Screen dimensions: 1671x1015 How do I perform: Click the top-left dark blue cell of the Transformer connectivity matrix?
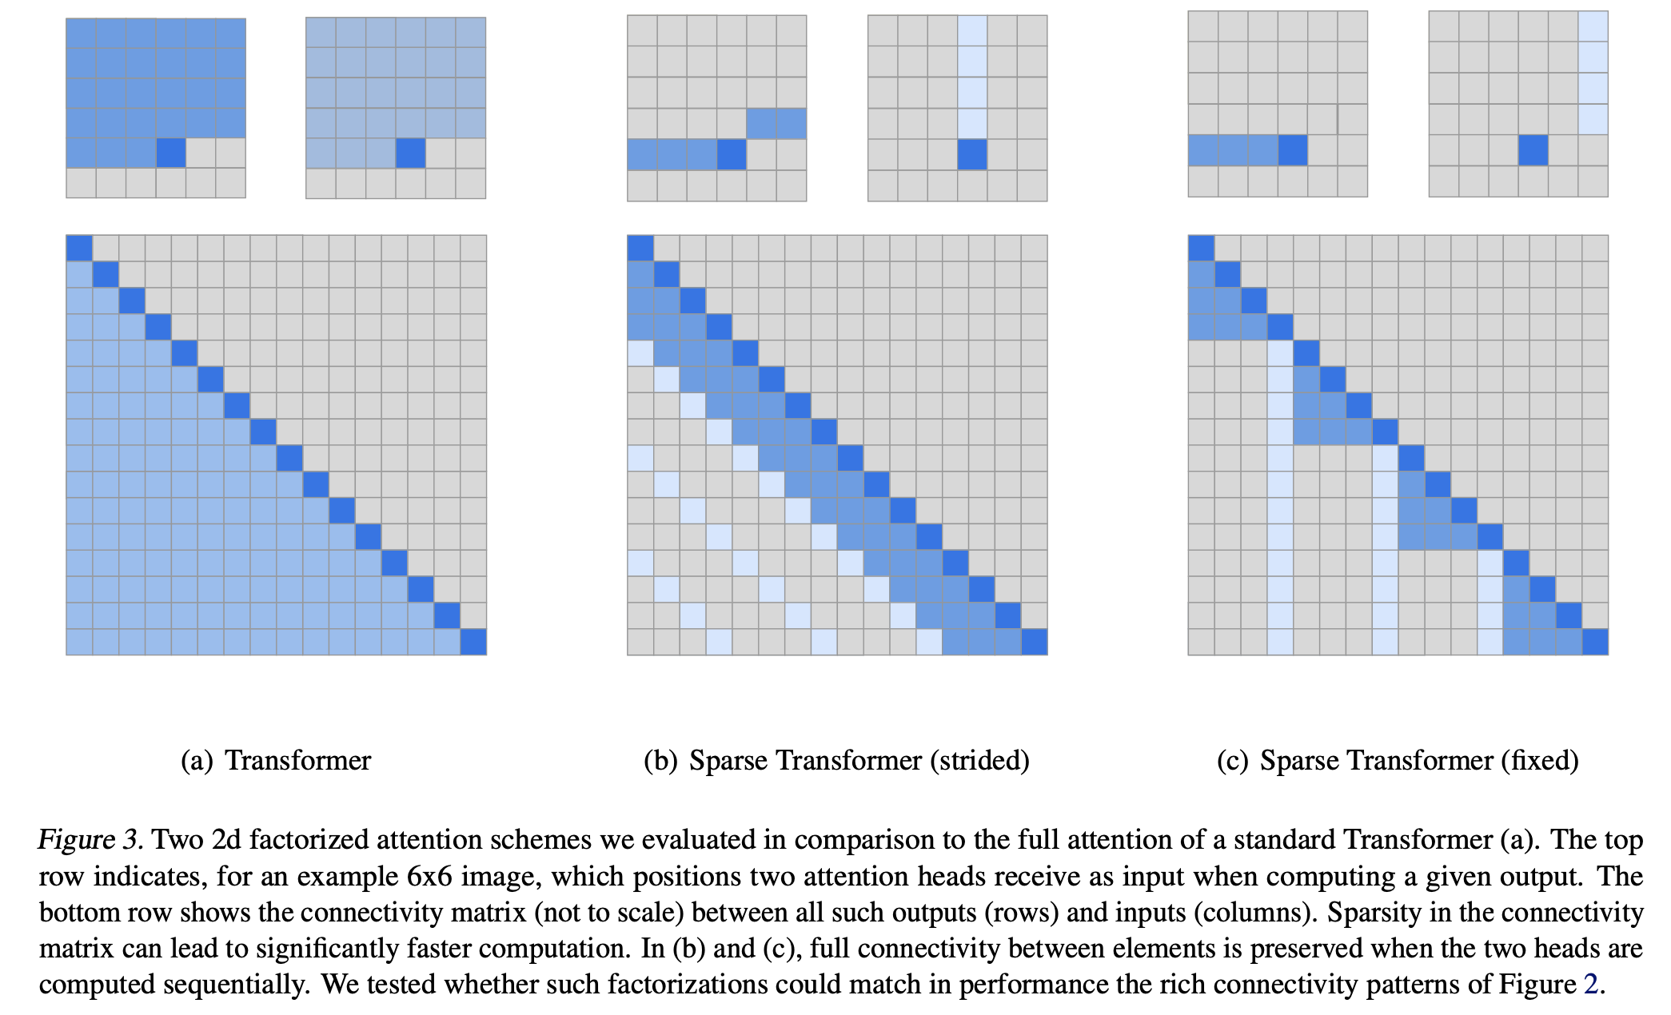point(79,248)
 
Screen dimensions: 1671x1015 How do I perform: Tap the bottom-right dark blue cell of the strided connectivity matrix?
point(1035,642)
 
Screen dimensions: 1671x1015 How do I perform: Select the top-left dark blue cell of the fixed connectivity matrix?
point(1201,248)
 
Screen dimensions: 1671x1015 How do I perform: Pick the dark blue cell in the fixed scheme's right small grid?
point(1533,150)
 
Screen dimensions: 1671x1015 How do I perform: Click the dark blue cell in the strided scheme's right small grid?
point(972,154)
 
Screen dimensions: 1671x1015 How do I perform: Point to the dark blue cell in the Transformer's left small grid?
point(171,153)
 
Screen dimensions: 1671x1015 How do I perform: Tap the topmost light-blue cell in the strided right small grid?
point(972,30)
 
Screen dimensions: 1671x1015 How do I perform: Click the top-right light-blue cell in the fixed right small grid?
point(1593,26)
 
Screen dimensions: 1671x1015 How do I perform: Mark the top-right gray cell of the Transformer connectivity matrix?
point(473,248)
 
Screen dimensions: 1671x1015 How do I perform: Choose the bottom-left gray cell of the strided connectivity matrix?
point(640,642)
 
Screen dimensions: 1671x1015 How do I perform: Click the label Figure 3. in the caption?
point(90,840)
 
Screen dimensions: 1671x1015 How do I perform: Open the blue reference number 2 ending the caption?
point(1591,985)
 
